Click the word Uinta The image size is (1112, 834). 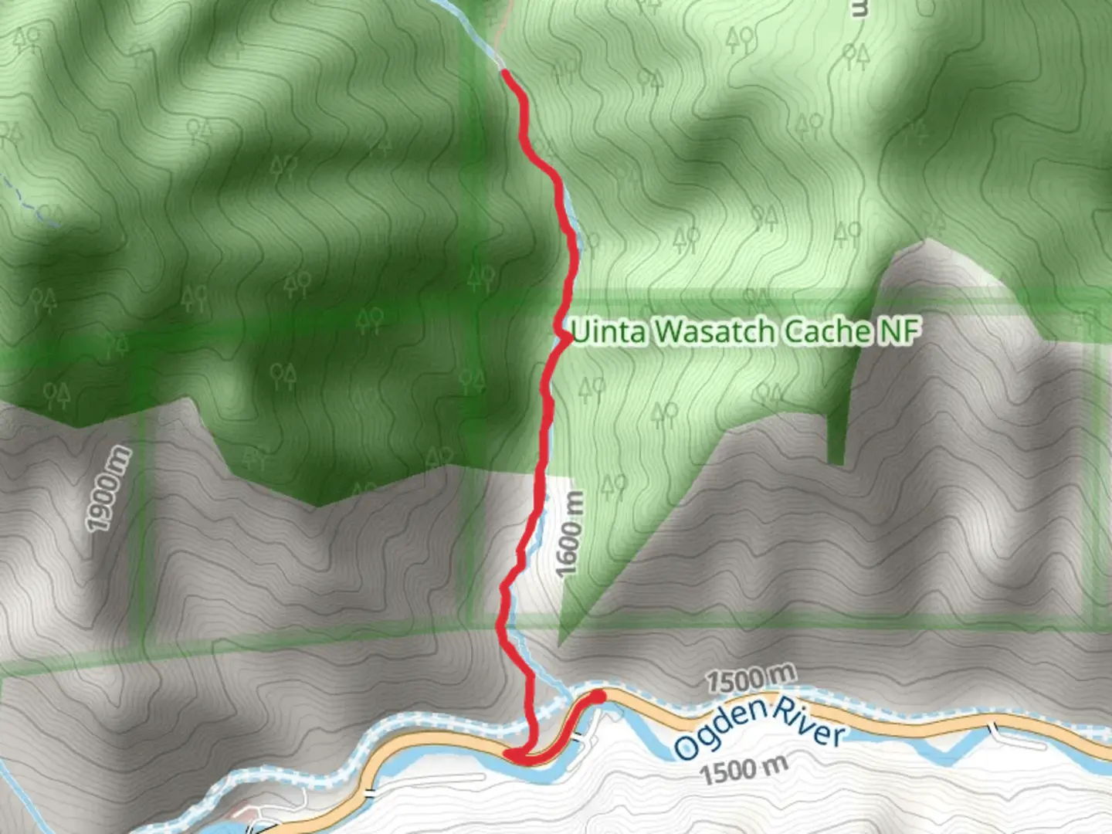click(x=608, y=332)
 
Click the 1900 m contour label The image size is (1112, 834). click(x=109, y=490)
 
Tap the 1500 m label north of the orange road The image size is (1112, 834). click(x=750, y=679)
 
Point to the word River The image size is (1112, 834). click(x=809, y=722)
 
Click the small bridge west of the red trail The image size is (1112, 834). click(x=370, y=792)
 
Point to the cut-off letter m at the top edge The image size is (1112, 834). click(x=858, y=8)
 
